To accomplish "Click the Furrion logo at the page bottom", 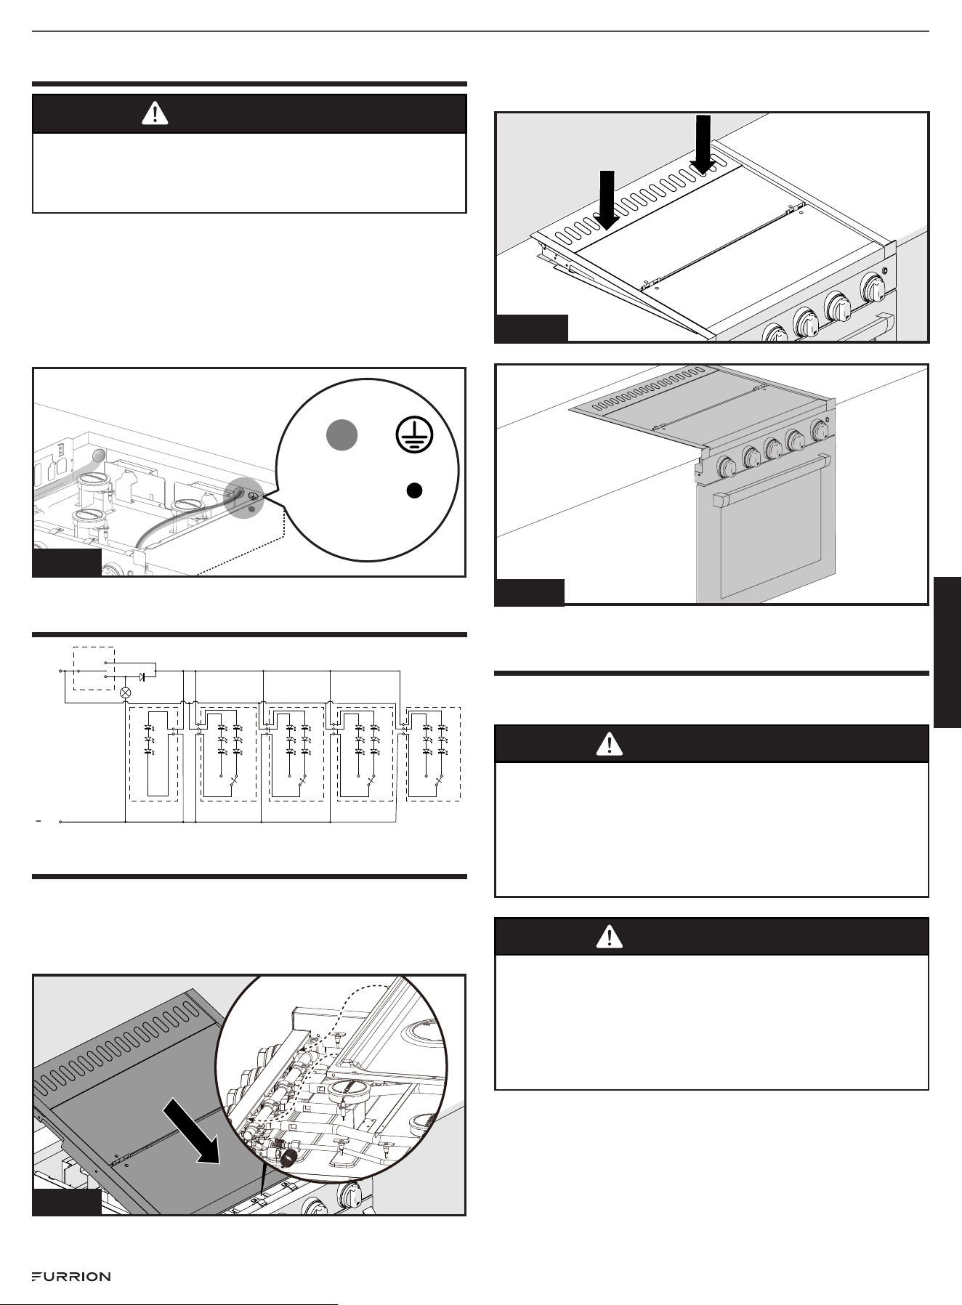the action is (x=70, y=1277).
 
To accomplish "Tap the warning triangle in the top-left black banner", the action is (x=155, y=113).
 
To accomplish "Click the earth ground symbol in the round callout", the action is (x=414, y=437).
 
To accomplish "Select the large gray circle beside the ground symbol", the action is (x=341, y=435).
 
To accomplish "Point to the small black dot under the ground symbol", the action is (x=413, y=490).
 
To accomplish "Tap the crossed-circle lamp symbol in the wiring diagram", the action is (x=125, y=693).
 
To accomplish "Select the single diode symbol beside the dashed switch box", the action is (x=142, y=676).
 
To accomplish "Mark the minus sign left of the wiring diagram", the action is (x=40, y=821).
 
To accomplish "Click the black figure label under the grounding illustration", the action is (x=67, y=563).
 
